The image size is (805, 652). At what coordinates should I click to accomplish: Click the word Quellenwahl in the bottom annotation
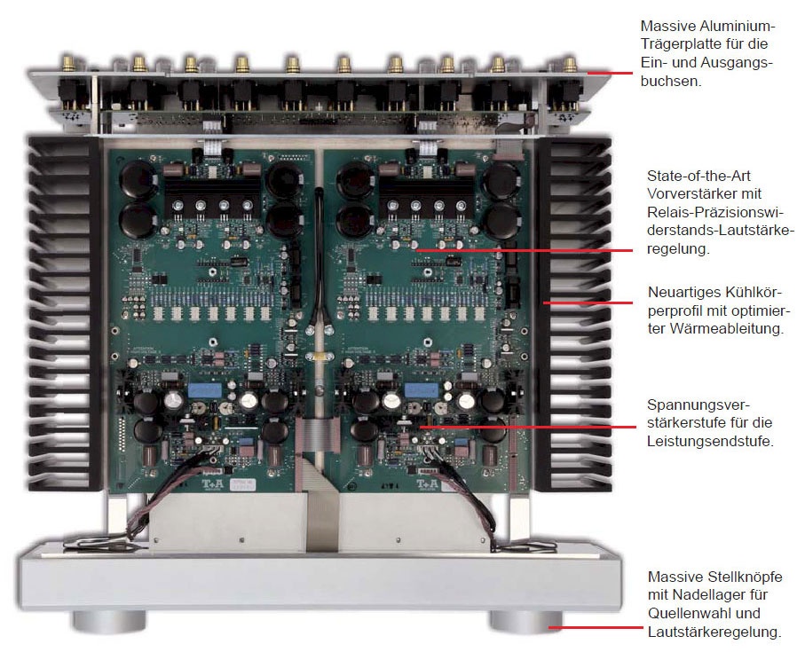(x=687, y=613)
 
